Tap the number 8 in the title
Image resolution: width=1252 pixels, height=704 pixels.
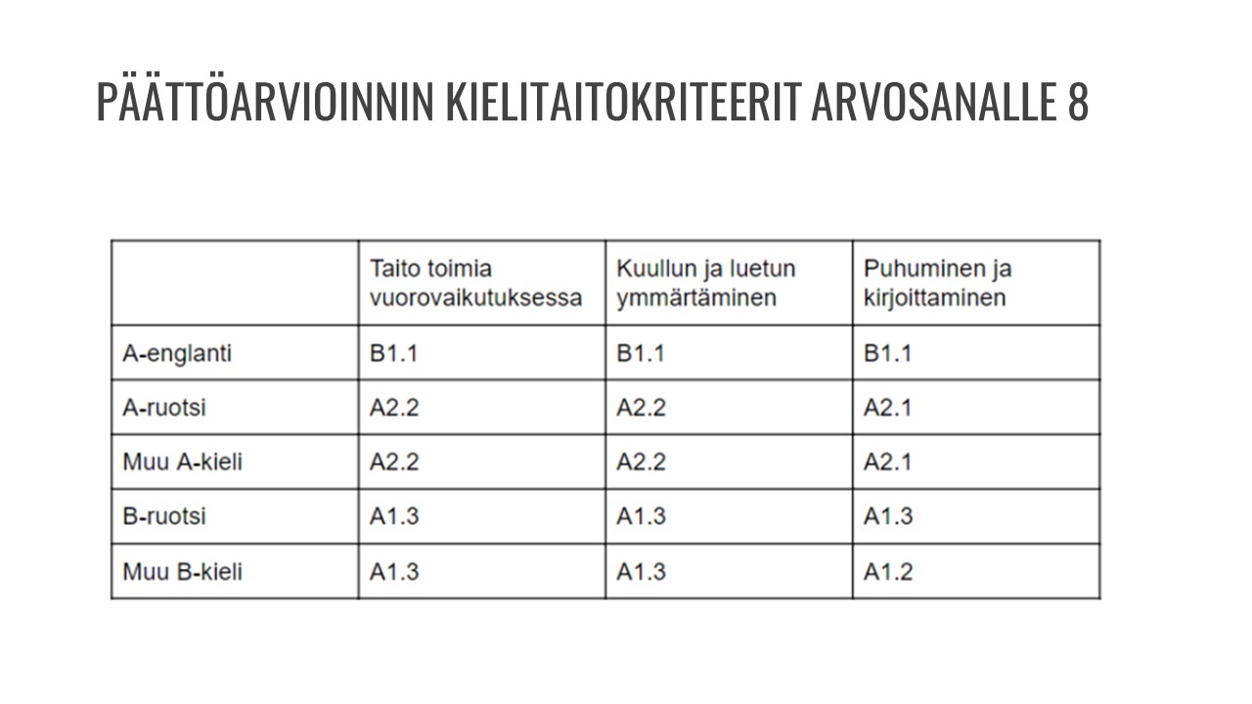click(x=1077, y=102)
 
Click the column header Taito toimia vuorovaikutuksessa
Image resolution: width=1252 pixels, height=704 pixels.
click(x=475, y=283)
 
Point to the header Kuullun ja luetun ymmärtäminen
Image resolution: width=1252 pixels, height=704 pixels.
click(x=706, y=283)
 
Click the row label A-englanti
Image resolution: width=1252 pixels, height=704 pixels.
click(x=177, y=353)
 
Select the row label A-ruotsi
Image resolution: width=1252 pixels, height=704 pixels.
click(x=164, y=408)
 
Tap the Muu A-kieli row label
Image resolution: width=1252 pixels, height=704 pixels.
click(x=182, y=462)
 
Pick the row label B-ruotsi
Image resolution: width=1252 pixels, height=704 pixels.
click(x=164, y=516)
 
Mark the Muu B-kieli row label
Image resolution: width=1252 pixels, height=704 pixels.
click(x=182, y=571)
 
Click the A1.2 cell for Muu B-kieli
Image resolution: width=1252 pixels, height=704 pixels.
click(x=888, y=572)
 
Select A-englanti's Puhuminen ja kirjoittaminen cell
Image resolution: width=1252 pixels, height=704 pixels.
click(x=887, y=353)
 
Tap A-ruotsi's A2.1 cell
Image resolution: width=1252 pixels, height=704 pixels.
click(x=887, y=408)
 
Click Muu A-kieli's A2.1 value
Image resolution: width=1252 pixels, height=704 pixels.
click(x=887, y=462)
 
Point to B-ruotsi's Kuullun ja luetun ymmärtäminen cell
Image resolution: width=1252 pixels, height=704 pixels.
click(x=641, y=516)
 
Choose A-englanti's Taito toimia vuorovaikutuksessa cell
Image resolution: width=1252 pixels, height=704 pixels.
click(x=393, y=353)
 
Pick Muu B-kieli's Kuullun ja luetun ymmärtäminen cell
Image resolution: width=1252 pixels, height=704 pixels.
click(x=641, y=572)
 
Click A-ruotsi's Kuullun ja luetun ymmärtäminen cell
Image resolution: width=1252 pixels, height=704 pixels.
click(x=641, y=408)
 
